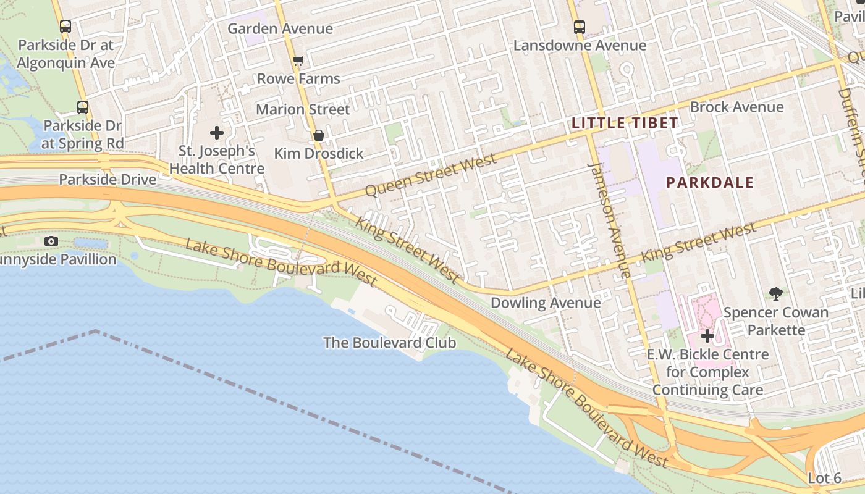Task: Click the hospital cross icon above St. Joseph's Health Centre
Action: tap(217, 133)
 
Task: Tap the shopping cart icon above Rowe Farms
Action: tap(298, 61)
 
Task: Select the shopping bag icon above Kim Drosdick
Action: tap(319, 135)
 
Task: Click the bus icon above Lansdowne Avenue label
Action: tap(579, 27)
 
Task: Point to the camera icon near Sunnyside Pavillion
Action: tap(51, 241)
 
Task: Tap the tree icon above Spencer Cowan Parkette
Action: tap(775, 294)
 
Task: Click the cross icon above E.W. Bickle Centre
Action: tap(707, 337)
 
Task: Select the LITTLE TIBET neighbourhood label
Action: tap(625, 123)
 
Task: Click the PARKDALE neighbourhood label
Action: tap(710, 183)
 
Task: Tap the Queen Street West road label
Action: tap(431, 175)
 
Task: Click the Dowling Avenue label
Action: tap(545, 303)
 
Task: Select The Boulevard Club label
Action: tap(389, 343)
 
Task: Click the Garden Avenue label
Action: tap(280, 28)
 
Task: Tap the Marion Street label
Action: tap(303, 109)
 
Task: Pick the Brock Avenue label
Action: tap(736, 107)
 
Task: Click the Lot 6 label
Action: tap(824, 478)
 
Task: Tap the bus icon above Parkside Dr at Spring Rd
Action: tap(83, 107)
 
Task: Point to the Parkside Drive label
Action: tap(108, 180)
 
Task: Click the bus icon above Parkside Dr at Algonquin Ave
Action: tap(65, 27)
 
